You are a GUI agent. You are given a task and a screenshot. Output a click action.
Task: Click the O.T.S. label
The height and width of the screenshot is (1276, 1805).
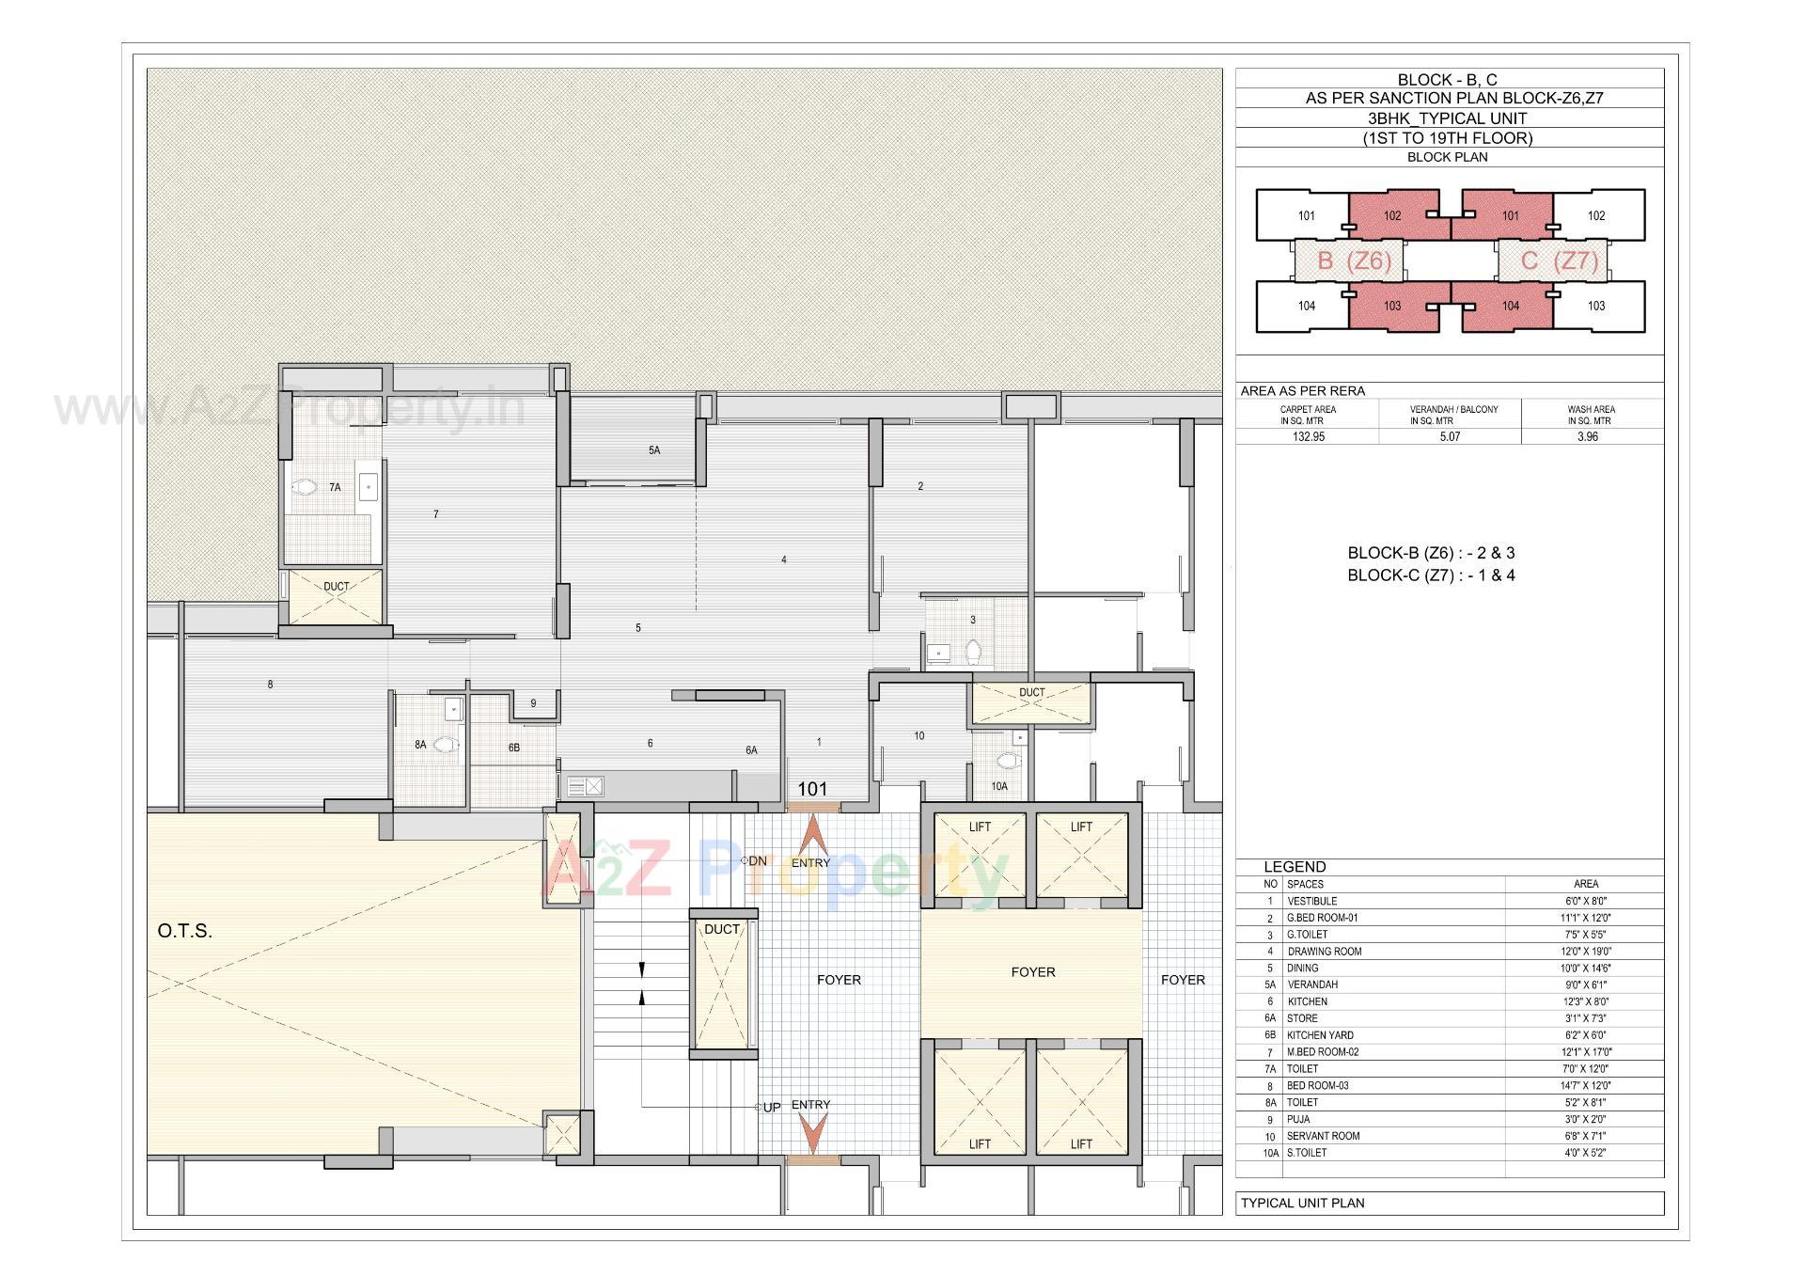[x=185, y=931]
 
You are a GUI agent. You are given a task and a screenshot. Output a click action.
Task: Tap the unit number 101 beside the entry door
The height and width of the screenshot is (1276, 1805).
[x=812, y=789]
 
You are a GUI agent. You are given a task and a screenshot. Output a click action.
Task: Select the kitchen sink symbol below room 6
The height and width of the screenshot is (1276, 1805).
[x=584, y=786]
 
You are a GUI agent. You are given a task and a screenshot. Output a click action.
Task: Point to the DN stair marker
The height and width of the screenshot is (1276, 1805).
[x=755, y=860]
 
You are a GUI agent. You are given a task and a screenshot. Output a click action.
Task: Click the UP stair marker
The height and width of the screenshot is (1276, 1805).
[x=769, y=1107]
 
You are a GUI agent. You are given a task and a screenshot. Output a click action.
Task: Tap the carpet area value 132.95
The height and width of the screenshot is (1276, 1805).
[x=1308, y=436]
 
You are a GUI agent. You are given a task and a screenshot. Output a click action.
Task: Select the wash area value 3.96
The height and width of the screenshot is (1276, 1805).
[x=1587, y=436]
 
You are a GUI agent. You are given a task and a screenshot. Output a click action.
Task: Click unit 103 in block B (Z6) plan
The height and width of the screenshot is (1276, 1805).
[x=1392, y=306]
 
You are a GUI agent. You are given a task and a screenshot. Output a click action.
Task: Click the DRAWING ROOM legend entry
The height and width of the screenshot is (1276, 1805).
[x=1324, y=951]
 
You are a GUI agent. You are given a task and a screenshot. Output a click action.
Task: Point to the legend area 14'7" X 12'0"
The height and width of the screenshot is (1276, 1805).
[x=1585, y=1085]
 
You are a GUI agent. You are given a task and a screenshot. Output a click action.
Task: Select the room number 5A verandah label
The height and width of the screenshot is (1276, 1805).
[x=654, y=450]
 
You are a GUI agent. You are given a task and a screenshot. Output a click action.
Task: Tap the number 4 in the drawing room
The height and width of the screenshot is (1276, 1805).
[x=784, y=559]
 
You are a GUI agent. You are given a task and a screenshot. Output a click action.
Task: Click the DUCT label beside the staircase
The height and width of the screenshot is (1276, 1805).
[x=722, y=929]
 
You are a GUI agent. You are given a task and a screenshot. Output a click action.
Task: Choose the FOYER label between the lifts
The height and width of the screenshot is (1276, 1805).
[x=1032, y=971]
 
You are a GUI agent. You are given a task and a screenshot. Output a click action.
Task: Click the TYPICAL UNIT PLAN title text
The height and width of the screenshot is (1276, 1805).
[x=1302, y=1203]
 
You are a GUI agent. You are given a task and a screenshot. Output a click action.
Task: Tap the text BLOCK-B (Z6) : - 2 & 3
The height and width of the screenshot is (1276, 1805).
[x=1431, y=553]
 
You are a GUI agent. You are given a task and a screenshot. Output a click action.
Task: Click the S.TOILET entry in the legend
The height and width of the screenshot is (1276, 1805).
[x=1307, y=1152]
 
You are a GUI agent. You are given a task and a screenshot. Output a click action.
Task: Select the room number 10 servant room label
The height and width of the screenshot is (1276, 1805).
[x=918, y=735]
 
